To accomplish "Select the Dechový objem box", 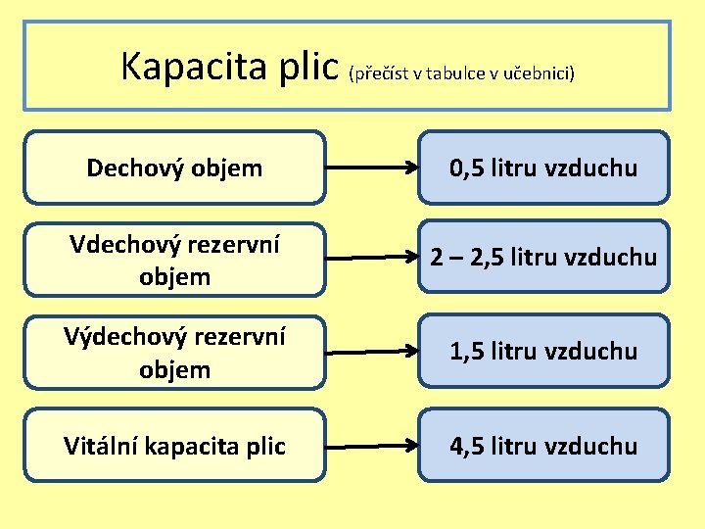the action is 174,168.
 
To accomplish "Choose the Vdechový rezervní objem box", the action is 174,261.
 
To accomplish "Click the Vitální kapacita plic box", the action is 174,446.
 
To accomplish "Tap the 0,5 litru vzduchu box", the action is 543,168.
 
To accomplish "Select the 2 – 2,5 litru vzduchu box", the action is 543,258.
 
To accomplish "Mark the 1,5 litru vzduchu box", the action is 543,351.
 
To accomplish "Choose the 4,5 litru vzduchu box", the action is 543,446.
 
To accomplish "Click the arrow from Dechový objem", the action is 372,168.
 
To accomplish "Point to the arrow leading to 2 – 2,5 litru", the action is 372,259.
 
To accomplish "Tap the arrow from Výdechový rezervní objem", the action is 372,351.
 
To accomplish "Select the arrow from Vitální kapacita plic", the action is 372,446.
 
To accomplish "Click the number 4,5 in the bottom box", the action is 468,447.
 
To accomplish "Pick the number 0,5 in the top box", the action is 468,168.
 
